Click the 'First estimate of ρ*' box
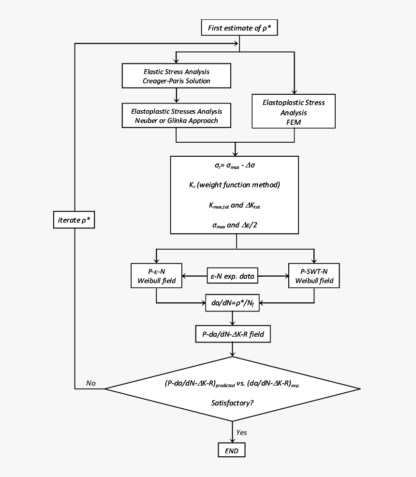tap(239, 28)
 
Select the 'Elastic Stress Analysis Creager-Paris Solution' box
tap(176, 76)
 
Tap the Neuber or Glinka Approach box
tap(176, 116)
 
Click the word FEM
tap(294, 122)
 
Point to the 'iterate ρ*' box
tap(74, 220)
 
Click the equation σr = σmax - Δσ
tap(236, 165)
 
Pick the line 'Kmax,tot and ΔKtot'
tap(236, 206)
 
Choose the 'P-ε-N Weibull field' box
tap(156, 276)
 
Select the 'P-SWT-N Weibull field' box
tap(314, 276)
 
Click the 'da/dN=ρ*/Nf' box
tap(233, 303)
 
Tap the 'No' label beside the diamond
tap(90, 383)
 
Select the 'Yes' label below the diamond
tap(241, 432)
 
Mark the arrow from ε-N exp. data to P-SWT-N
tap(273, 276)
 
